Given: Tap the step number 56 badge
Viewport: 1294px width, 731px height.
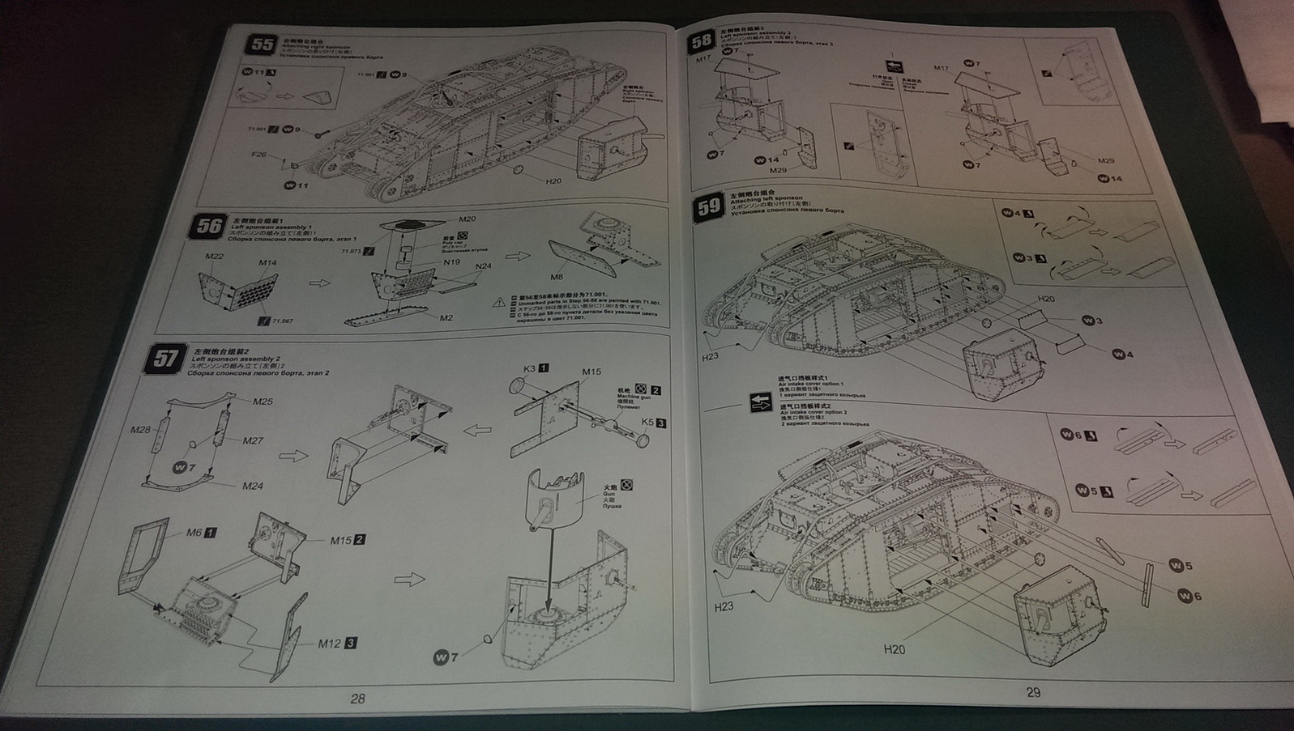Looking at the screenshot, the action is pos(209,225).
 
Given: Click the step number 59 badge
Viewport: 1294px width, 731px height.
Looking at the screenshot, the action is pos(709,206).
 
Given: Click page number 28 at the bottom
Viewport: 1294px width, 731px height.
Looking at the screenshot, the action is pos(357,699).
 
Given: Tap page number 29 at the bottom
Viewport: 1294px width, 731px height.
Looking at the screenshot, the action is pos(1032,692).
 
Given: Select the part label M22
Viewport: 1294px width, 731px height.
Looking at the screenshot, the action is pos(214,257).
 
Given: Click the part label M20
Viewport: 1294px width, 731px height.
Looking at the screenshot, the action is pos(468,219).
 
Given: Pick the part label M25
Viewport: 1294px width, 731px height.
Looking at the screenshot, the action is pos(263,402).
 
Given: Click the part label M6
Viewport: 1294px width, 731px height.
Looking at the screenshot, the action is pos(194,532).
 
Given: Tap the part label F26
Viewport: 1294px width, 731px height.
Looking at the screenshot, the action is pos(259,154).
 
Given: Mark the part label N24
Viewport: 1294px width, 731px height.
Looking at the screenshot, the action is pos(483,266).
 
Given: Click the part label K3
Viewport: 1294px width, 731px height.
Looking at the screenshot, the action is pos(530,368).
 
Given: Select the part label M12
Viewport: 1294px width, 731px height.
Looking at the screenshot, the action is pos(329,644).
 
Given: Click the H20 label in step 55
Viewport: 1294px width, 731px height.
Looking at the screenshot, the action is pos(553,181).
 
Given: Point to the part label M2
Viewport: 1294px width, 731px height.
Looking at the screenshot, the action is pos(446,317).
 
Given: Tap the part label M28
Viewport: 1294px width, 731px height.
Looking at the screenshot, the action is pos(140,429).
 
